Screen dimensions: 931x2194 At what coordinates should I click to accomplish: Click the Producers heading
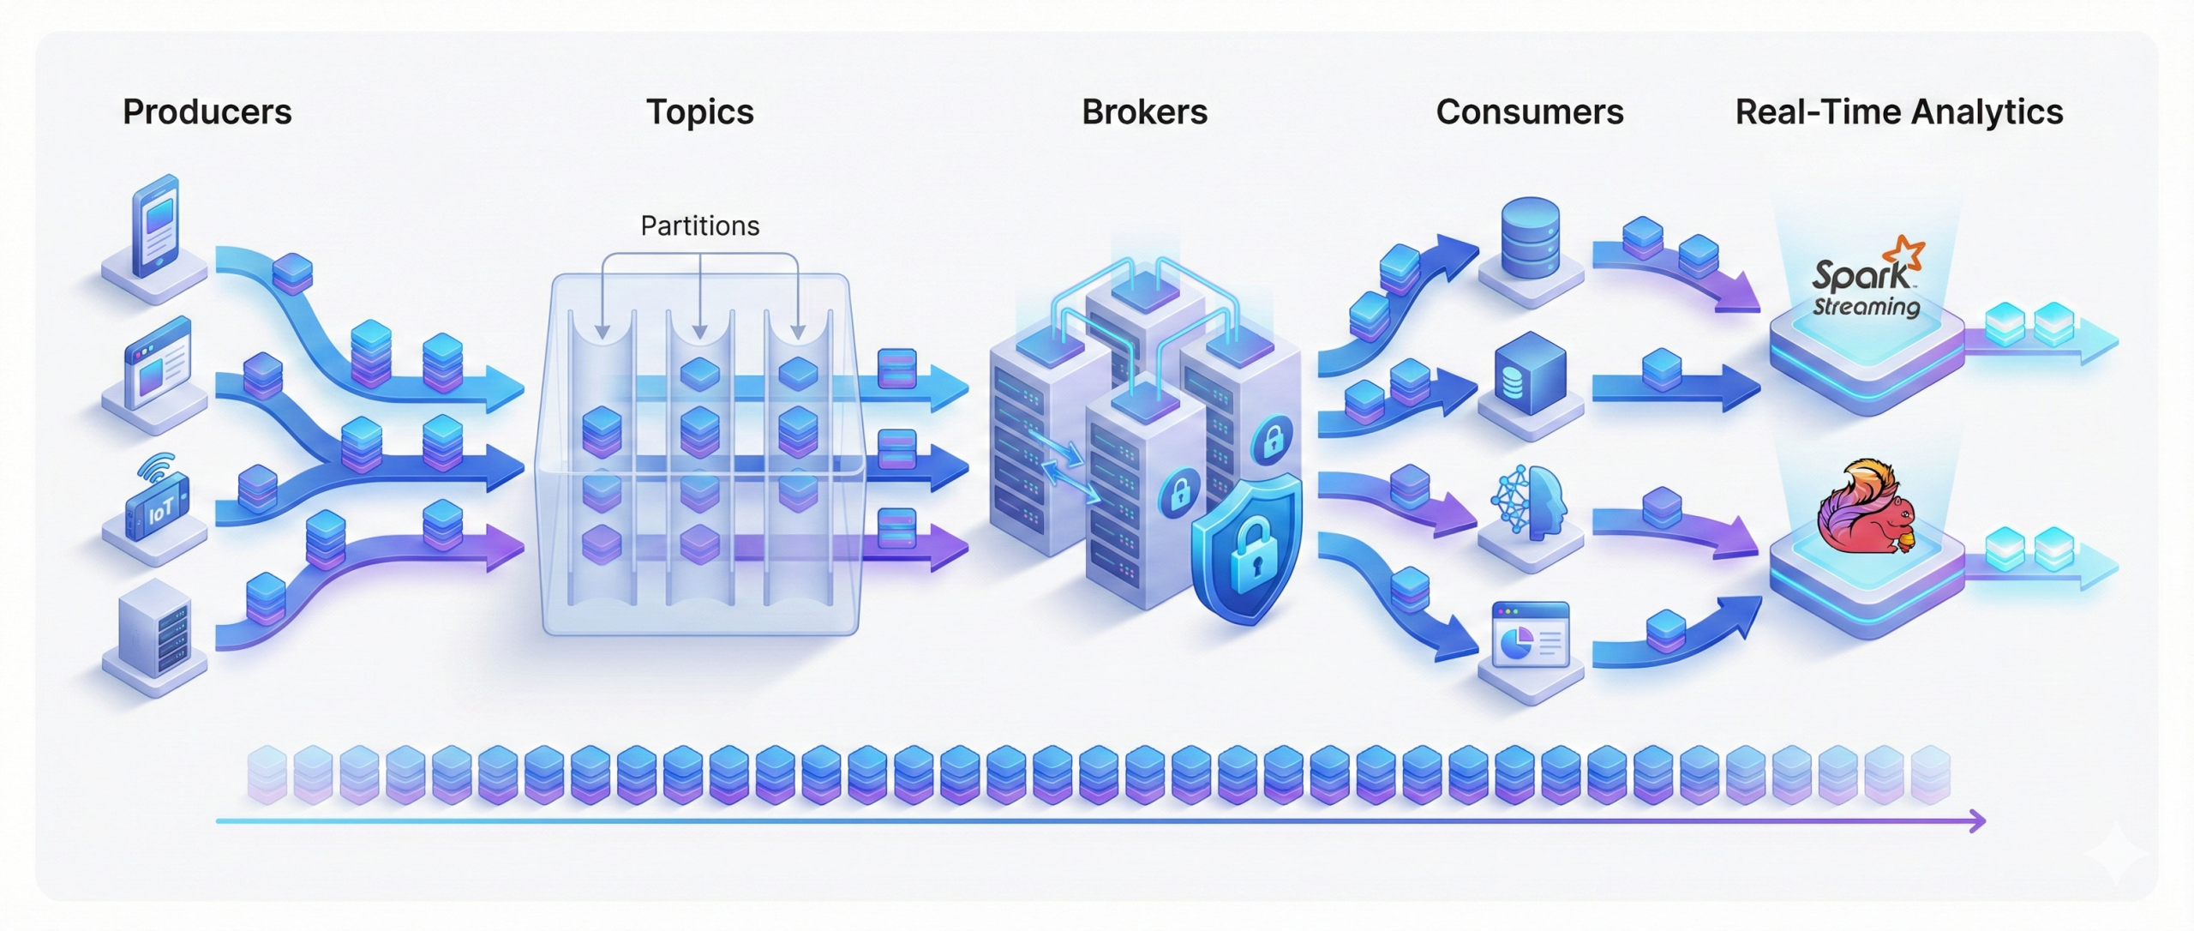click(x=207, y=112)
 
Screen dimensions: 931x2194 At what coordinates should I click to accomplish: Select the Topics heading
click(x=699, y=112)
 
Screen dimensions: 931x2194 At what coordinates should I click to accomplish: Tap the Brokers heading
click(x=1144, y=112)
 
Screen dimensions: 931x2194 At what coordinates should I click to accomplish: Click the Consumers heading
click(x=1529, y=112)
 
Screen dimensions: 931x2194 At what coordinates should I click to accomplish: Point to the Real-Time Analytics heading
click(x=1898, y=112)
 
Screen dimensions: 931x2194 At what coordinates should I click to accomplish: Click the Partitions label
click(x=699, y=225)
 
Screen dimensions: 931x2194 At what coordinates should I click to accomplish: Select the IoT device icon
click(x=157, y=507)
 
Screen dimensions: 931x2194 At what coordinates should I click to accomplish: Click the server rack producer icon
click(x=155, y=629)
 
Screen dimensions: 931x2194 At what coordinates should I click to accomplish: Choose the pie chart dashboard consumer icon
click(x=1531, y=634)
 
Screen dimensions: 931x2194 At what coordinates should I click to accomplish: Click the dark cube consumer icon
click(x=1531, y=377)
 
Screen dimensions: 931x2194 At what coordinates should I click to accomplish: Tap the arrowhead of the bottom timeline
click(x=1977, y=820)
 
